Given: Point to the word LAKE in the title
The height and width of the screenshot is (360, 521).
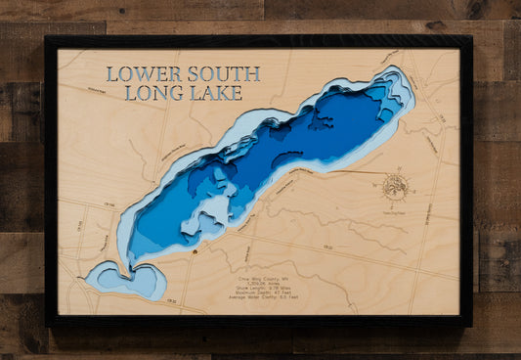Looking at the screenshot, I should (x=210, y=94).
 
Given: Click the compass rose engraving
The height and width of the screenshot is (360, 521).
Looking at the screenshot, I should (x=395, y=185).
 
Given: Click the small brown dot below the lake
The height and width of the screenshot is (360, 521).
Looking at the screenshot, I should (x=195, y=251).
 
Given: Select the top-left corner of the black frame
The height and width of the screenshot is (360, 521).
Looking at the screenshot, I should (x=47, y=38).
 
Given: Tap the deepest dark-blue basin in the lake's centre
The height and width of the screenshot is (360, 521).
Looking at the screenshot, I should (x=293, y=137).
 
